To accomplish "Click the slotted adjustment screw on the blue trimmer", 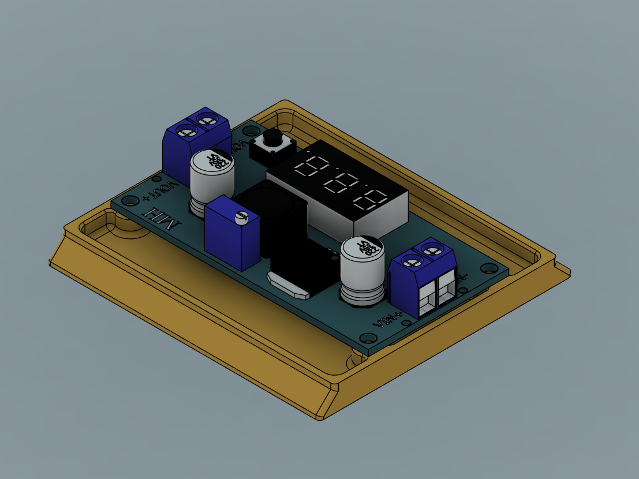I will pyautogui.click(x=242, y=217).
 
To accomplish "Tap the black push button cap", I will pyautogui.click(x=272, y=139).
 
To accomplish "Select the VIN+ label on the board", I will pyautogui.click(x=387, y=318).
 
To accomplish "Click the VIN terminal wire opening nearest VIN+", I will pyautogui.click(x=426, y=301).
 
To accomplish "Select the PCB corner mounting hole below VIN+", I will pyautogui.click(x=365, y=338).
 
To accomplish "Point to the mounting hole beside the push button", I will pyautogui.click(x=250, y=131).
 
